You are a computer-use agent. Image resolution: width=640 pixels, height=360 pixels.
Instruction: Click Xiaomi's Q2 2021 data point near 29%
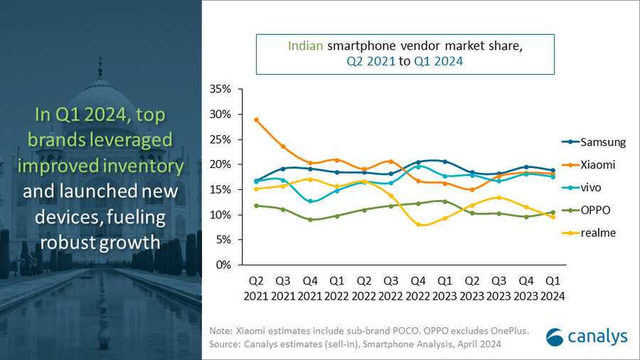point(256,120)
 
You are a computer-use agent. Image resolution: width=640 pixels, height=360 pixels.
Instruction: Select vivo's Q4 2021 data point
point(310,201)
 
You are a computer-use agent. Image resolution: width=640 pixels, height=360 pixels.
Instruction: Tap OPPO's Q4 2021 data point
point(310,220)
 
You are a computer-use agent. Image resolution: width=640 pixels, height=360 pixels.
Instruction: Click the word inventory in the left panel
point(148,166)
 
